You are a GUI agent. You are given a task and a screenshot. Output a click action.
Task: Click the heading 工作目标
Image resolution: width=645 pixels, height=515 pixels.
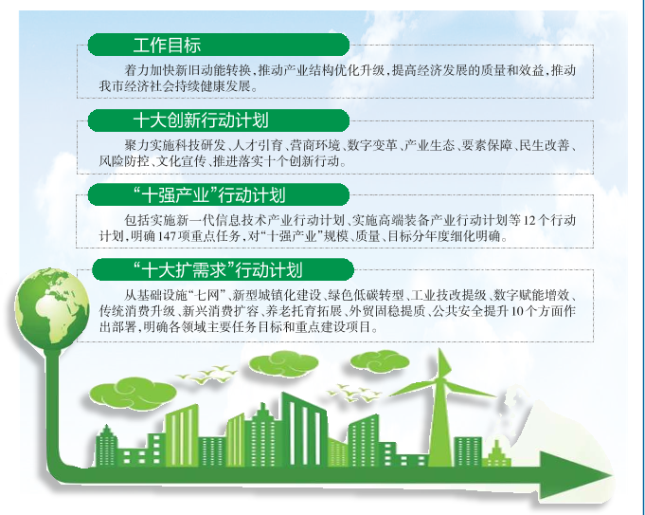pos(167,45)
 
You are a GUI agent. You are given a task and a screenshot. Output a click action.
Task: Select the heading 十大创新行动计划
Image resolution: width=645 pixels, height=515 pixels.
pos(201,120)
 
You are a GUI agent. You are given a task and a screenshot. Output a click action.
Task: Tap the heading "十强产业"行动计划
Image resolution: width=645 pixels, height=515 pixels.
pos(209,194)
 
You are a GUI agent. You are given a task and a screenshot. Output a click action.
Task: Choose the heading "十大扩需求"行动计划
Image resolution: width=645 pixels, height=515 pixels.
pos(218,270)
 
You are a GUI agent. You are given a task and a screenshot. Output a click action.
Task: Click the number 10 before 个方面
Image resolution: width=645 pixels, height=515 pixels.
pos(517,311)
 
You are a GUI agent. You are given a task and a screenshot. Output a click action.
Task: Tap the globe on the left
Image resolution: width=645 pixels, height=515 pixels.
pos(52,305)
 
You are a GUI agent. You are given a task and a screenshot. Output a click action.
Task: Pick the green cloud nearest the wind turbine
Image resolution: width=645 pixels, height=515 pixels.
pos(379,361)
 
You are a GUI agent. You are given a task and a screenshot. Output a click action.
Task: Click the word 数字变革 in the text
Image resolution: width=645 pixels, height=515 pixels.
pos(372,145)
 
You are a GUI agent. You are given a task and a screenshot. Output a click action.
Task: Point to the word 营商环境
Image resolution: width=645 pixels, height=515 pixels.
pos(315,145)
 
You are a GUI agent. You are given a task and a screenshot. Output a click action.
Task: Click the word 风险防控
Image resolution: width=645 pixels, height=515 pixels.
pos(124,161)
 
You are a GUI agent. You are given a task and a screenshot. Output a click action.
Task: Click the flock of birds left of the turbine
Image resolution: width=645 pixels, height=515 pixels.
pos(354,393)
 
